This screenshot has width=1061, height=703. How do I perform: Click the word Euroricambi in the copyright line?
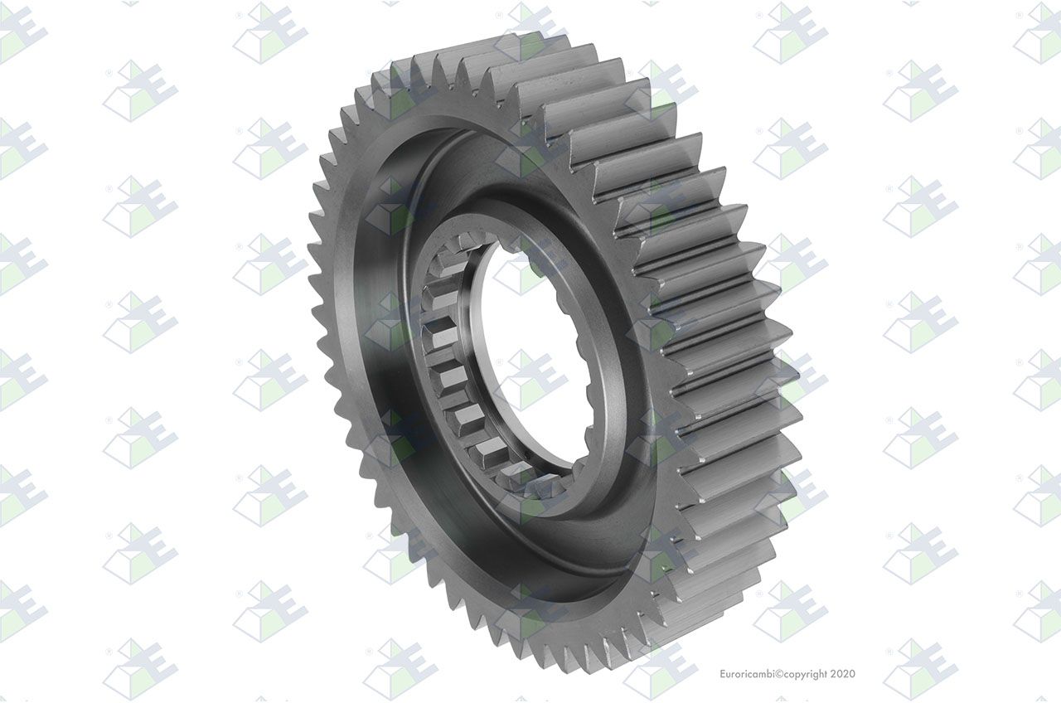click(x=747, y=674)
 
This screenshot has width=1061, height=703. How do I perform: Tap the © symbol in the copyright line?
click(x=779, y=674)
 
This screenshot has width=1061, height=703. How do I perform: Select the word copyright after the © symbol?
click(x=805, y=674)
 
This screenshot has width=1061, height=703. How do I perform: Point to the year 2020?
click(x=843, y=674)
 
